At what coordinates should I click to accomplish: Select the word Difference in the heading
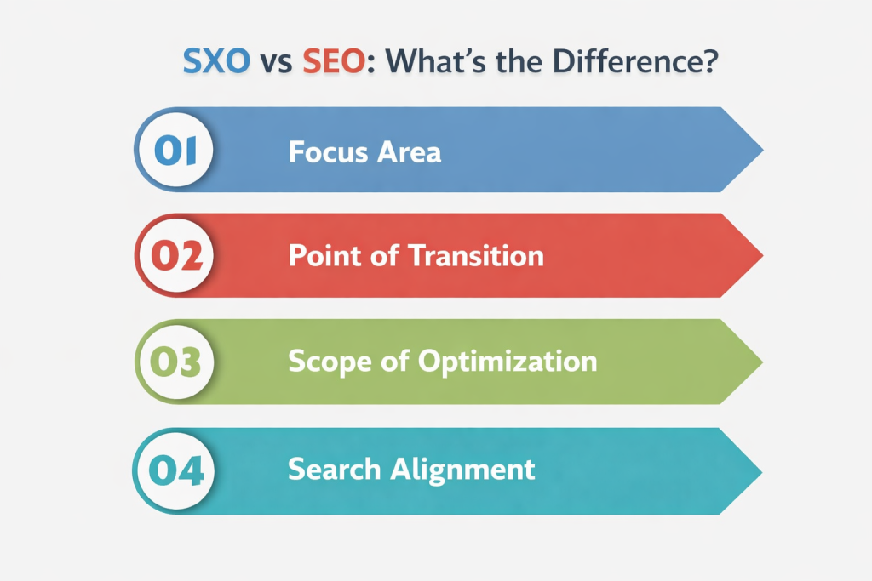tap(608, 65)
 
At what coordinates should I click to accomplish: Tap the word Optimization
tap(508, 362)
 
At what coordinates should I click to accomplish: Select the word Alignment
tap(465, 469)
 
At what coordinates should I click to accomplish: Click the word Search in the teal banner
tap(334, 469)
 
